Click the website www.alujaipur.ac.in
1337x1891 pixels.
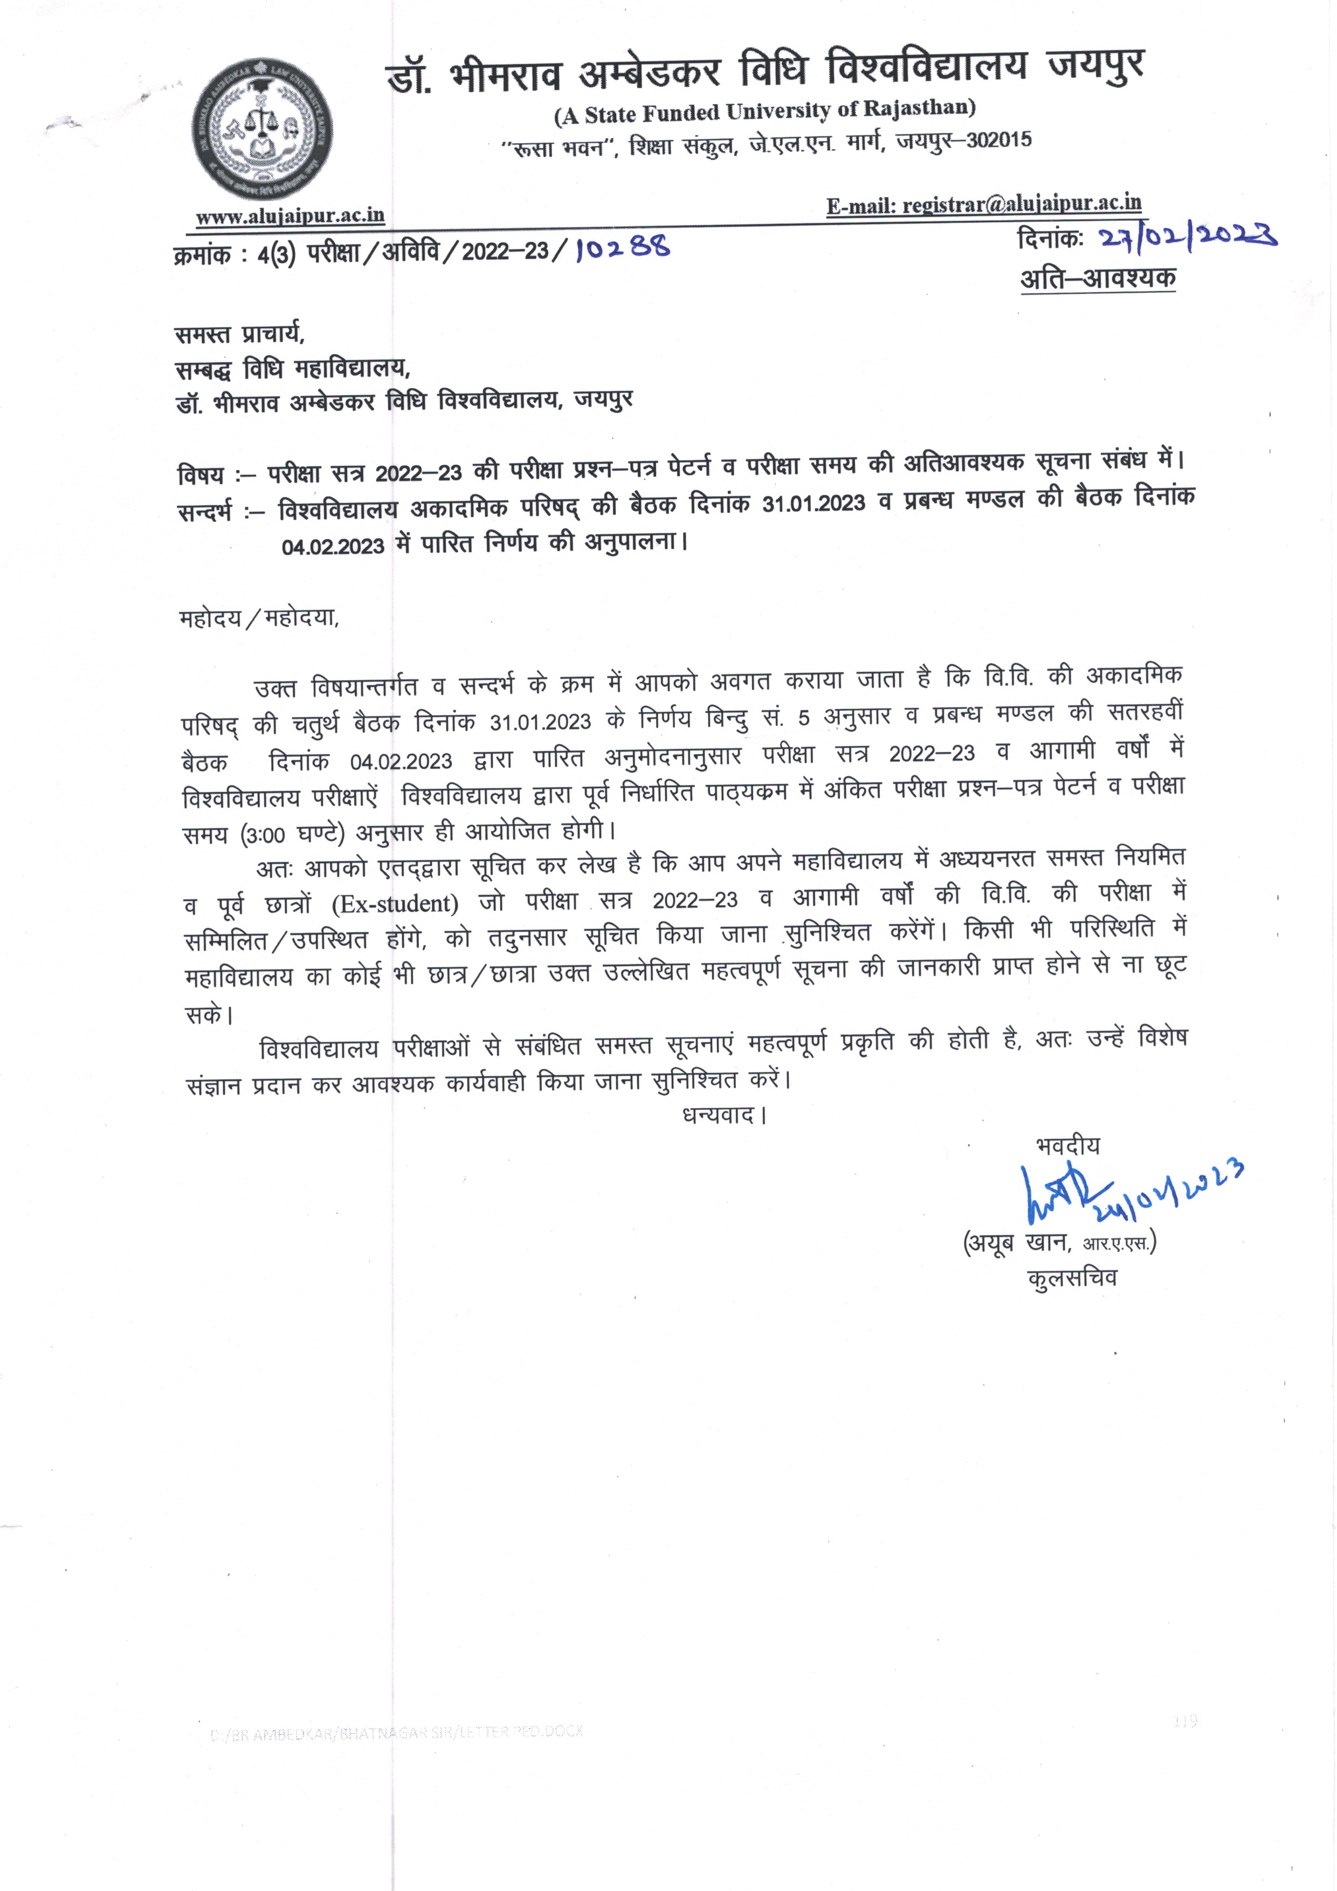point(290,216)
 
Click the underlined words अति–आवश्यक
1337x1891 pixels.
point(1098,278)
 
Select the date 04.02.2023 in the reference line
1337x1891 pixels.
point(333,547)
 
